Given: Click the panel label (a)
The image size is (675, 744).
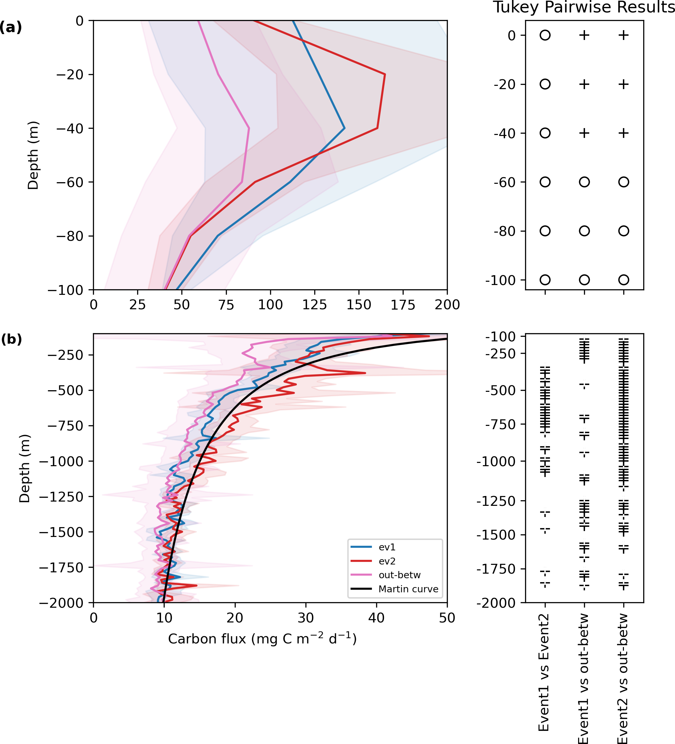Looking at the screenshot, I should tap(11, 27).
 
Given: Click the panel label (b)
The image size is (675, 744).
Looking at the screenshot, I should tap(11, 339).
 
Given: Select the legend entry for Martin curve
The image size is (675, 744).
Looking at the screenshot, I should tap(408, 589).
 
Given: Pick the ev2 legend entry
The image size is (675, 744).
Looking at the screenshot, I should tap(387, 561).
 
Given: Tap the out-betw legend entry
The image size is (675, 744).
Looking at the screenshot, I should tap(399, 575).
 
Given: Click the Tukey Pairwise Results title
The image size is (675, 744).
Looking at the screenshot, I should tap(584, 8).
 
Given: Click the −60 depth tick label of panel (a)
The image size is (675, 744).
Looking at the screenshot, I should tap(70, 182).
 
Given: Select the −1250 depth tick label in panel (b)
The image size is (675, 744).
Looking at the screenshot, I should tap(62, 497).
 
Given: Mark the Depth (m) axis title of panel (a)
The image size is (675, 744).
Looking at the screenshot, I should tap(33, 155).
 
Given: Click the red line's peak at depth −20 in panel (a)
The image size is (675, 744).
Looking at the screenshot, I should tap(385, 75).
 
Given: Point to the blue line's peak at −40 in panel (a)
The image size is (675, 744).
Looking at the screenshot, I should tap(344, 128).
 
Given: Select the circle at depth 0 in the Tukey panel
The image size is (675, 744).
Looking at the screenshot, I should tap(545, 35).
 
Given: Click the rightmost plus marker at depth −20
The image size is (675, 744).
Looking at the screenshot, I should tap(623, 85).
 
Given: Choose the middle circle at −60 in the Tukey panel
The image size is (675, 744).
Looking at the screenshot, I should tap(584, 182).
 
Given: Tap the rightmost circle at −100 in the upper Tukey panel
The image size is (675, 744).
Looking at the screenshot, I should tap(623, 280).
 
